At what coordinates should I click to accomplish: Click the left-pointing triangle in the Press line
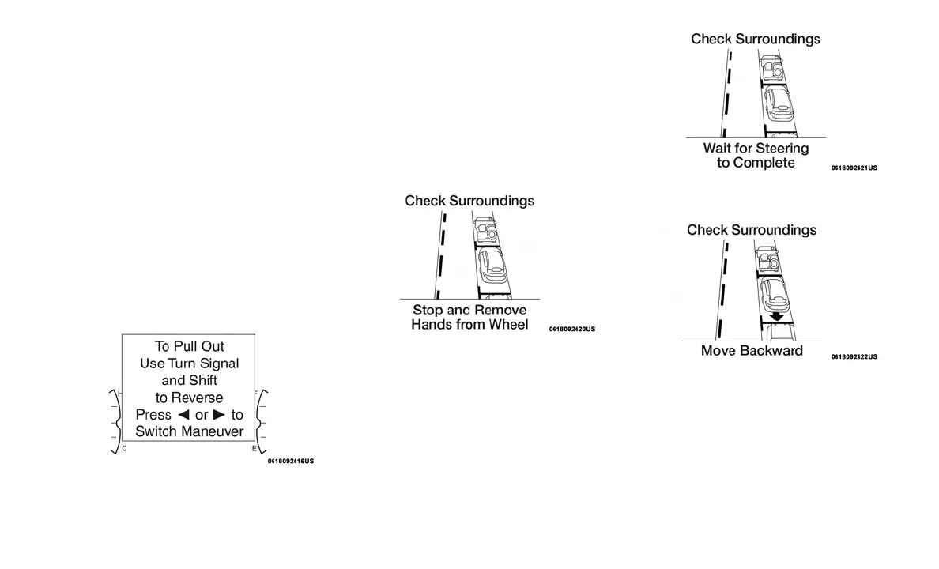(x=183, y=415)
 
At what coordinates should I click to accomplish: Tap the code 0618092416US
(x=290, y=461)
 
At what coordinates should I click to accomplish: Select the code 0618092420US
(x=572, y=329)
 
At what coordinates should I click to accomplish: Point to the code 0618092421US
(x=854, y=168)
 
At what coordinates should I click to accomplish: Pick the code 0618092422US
(x=854, y=356)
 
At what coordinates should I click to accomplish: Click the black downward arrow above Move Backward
(x=778, y=316)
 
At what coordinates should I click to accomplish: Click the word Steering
(x=782, y=148)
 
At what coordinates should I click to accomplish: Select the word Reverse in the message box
(x=198, y=398)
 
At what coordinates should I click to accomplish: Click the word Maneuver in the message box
(x=213, y=431)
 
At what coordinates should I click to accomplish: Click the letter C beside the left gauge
(x=124, y=449)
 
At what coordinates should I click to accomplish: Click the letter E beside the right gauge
(x=254, y=449)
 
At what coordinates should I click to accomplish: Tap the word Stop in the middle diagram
(x=428, y=310)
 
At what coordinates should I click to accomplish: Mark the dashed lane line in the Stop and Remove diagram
(x=441, y=253)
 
